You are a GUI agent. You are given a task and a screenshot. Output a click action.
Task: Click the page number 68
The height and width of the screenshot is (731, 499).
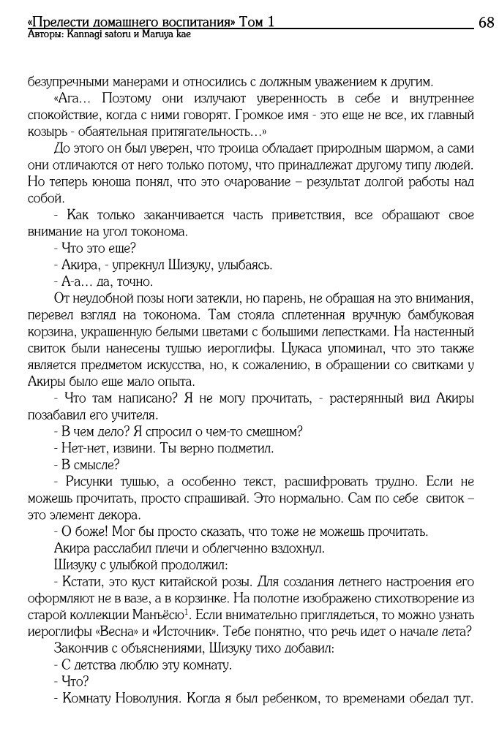pos(487,22)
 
